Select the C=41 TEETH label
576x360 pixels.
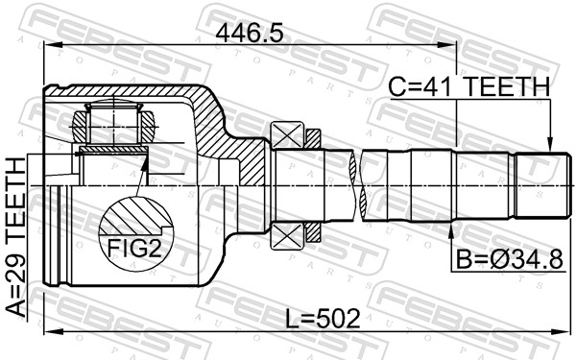(x=468, y=86)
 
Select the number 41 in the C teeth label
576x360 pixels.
(x=440, y=86)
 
